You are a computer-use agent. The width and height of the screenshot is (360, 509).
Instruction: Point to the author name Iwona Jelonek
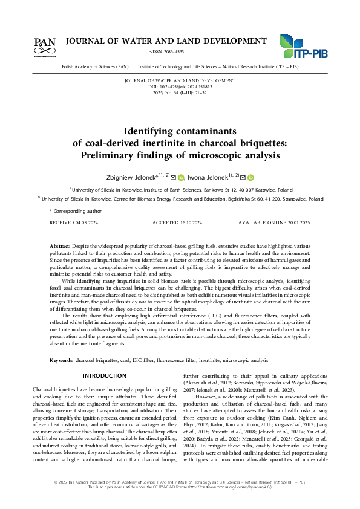(207, 177)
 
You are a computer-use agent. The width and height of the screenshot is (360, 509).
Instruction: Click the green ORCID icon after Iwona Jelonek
(250, 178)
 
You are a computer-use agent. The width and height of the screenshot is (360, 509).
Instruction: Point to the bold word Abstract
(60, 247)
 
